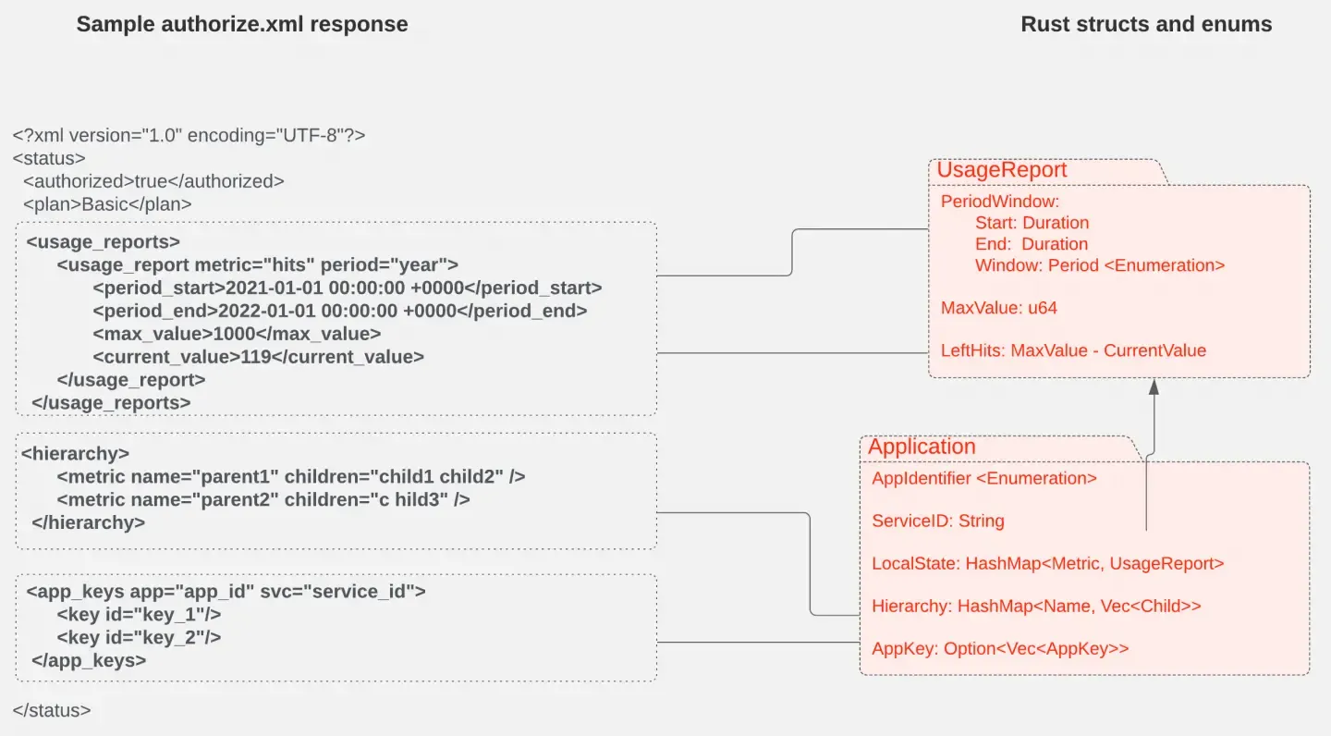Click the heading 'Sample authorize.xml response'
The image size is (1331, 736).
pos(242,25)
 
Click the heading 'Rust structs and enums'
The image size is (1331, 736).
pos(1146,25)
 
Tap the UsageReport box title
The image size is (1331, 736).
pos(1002,170)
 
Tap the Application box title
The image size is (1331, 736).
pos(922,447)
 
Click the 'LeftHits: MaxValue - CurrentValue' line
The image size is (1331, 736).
pos(1073,350)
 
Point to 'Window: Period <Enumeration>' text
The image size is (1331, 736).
pos(1099,265)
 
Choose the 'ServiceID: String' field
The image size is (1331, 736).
pos(937,521)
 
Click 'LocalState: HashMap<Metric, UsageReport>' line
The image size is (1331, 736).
pos(1047,563)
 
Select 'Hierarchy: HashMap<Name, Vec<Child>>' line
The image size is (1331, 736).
pos(1036,607)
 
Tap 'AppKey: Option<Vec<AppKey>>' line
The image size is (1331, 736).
pos(1000,649)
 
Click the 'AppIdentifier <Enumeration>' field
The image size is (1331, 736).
pos(983,478)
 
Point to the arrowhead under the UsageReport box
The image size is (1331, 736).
pos(1154,387)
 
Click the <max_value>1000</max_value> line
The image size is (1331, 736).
pos(237,333)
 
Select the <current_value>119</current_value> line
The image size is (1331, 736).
pos(258,356)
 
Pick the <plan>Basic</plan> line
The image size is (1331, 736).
pos(107,204)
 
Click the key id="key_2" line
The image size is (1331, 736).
pos(139,637)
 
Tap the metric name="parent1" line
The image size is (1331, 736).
pos(290,476)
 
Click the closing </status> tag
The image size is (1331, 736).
pos(52,711)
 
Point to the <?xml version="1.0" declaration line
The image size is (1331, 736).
pos(189,135)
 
